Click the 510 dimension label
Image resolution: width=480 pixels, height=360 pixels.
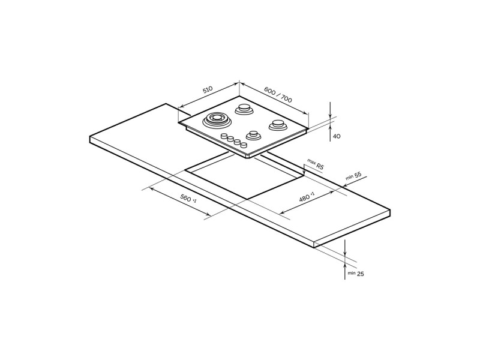click(208, 90)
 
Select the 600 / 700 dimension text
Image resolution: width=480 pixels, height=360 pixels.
click(278, 95)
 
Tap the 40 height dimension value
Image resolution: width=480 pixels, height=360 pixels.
click(337, 136)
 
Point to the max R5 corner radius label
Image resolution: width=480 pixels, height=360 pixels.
click(316, 164)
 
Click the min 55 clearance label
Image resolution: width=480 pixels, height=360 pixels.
click(353, 176)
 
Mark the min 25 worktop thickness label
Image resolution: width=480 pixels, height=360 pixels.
click(356, 274)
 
